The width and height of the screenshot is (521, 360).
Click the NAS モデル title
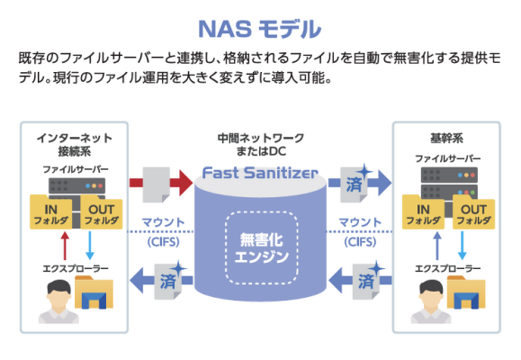point(259,30)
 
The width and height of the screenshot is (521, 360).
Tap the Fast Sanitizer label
point(260,173)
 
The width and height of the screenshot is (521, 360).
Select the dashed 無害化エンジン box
point(262,247)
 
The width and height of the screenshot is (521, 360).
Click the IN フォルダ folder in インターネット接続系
point(50,212)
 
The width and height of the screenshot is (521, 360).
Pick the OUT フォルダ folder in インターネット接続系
point(102,212)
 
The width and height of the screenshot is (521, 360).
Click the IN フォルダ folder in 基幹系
point(423,212)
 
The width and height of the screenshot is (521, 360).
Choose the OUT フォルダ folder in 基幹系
point(474,212)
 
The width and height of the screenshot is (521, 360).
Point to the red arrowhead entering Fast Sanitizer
point(185,183)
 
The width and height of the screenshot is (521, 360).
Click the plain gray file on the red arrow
point(157,184)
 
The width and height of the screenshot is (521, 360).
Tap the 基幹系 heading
point(446,138)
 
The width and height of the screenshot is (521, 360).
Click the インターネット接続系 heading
point(74,144)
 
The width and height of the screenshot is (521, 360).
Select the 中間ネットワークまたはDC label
point(261,144)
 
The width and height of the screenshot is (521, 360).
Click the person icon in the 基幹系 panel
point(431,301)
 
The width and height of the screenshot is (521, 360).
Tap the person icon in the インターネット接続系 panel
point(58,301)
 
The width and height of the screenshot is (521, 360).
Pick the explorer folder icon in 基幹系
point(466,292)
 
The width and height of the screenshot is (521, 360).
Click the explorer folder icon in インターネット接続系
point(94,292)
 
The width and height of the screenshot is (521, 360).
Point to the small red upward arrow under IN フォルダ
point(65,246)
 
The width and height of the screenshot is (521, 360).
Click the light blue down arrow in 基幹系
point(463,246)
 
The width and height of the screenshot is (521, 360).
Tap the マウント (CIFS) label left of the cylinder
point(163,231)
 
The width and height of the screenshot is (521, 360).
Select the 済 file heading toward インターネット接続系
point(169,281)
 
